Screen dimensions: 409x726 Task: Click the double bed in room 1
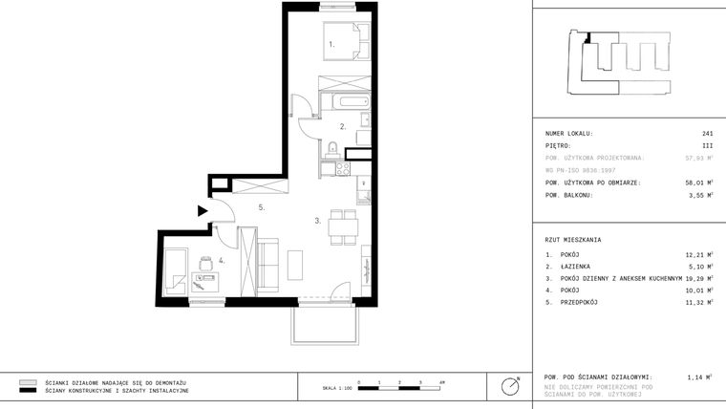(x=345, y=42)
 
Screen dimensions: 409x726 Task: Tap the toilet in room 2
(x=331, y=147)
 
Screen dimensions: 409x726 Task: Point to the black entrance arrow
(x=203, y=210)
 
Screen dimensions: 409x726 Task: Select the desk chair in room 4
(x=203, y=261)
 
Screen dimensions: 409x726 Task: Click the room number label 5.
(x=261, y=206)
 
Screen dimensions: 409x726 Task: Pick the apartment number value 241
(x=707, y=134)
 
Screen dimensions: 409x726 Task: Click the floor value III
(x=707, y=146)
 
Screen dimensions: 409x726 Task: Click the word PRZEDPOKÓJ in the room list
(x=579, y=302)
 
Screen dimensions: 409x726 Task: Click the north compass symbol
(x=510, y=386)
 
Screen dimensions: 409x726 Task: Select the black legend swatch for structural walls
(x=28, y=390)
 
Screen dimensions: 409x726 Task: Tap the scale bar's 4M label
(x=441, y=382)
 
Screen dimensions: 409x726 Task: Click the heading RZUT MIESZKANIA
(x=573, y=240)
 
